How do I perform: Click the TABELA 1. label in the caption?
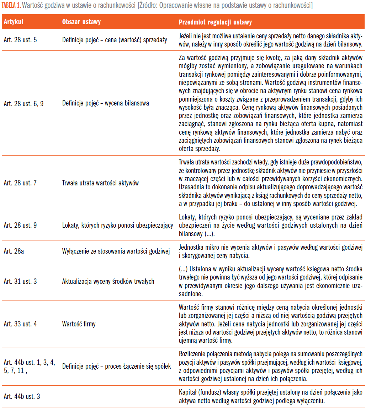11,6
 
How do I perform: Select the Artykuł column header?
14,22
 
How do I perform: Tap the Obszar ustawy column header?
81,22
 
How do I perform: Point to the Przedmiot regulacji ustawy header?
215,22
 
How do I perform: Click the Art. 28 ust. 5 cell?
20,40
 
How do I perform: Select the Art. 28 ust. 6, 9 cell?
23,103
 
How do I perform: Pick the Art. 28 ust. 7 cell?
20,183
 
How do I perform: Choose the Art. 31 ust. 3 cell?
20,282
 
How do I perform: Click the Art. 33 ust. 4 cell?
20,324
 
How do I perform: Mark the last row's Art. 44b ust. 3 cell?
22,396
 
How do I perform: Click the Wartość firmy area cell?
79,324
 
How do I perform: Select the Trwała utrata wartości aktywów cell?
100,183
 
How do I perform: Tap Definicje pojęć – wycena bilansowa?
106,103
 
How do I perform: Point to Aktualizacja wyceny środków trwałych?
108,282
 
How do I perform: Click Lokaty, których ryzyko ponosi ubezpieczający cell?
118,225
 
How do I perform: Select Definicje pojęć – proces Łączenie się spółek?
117,366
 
